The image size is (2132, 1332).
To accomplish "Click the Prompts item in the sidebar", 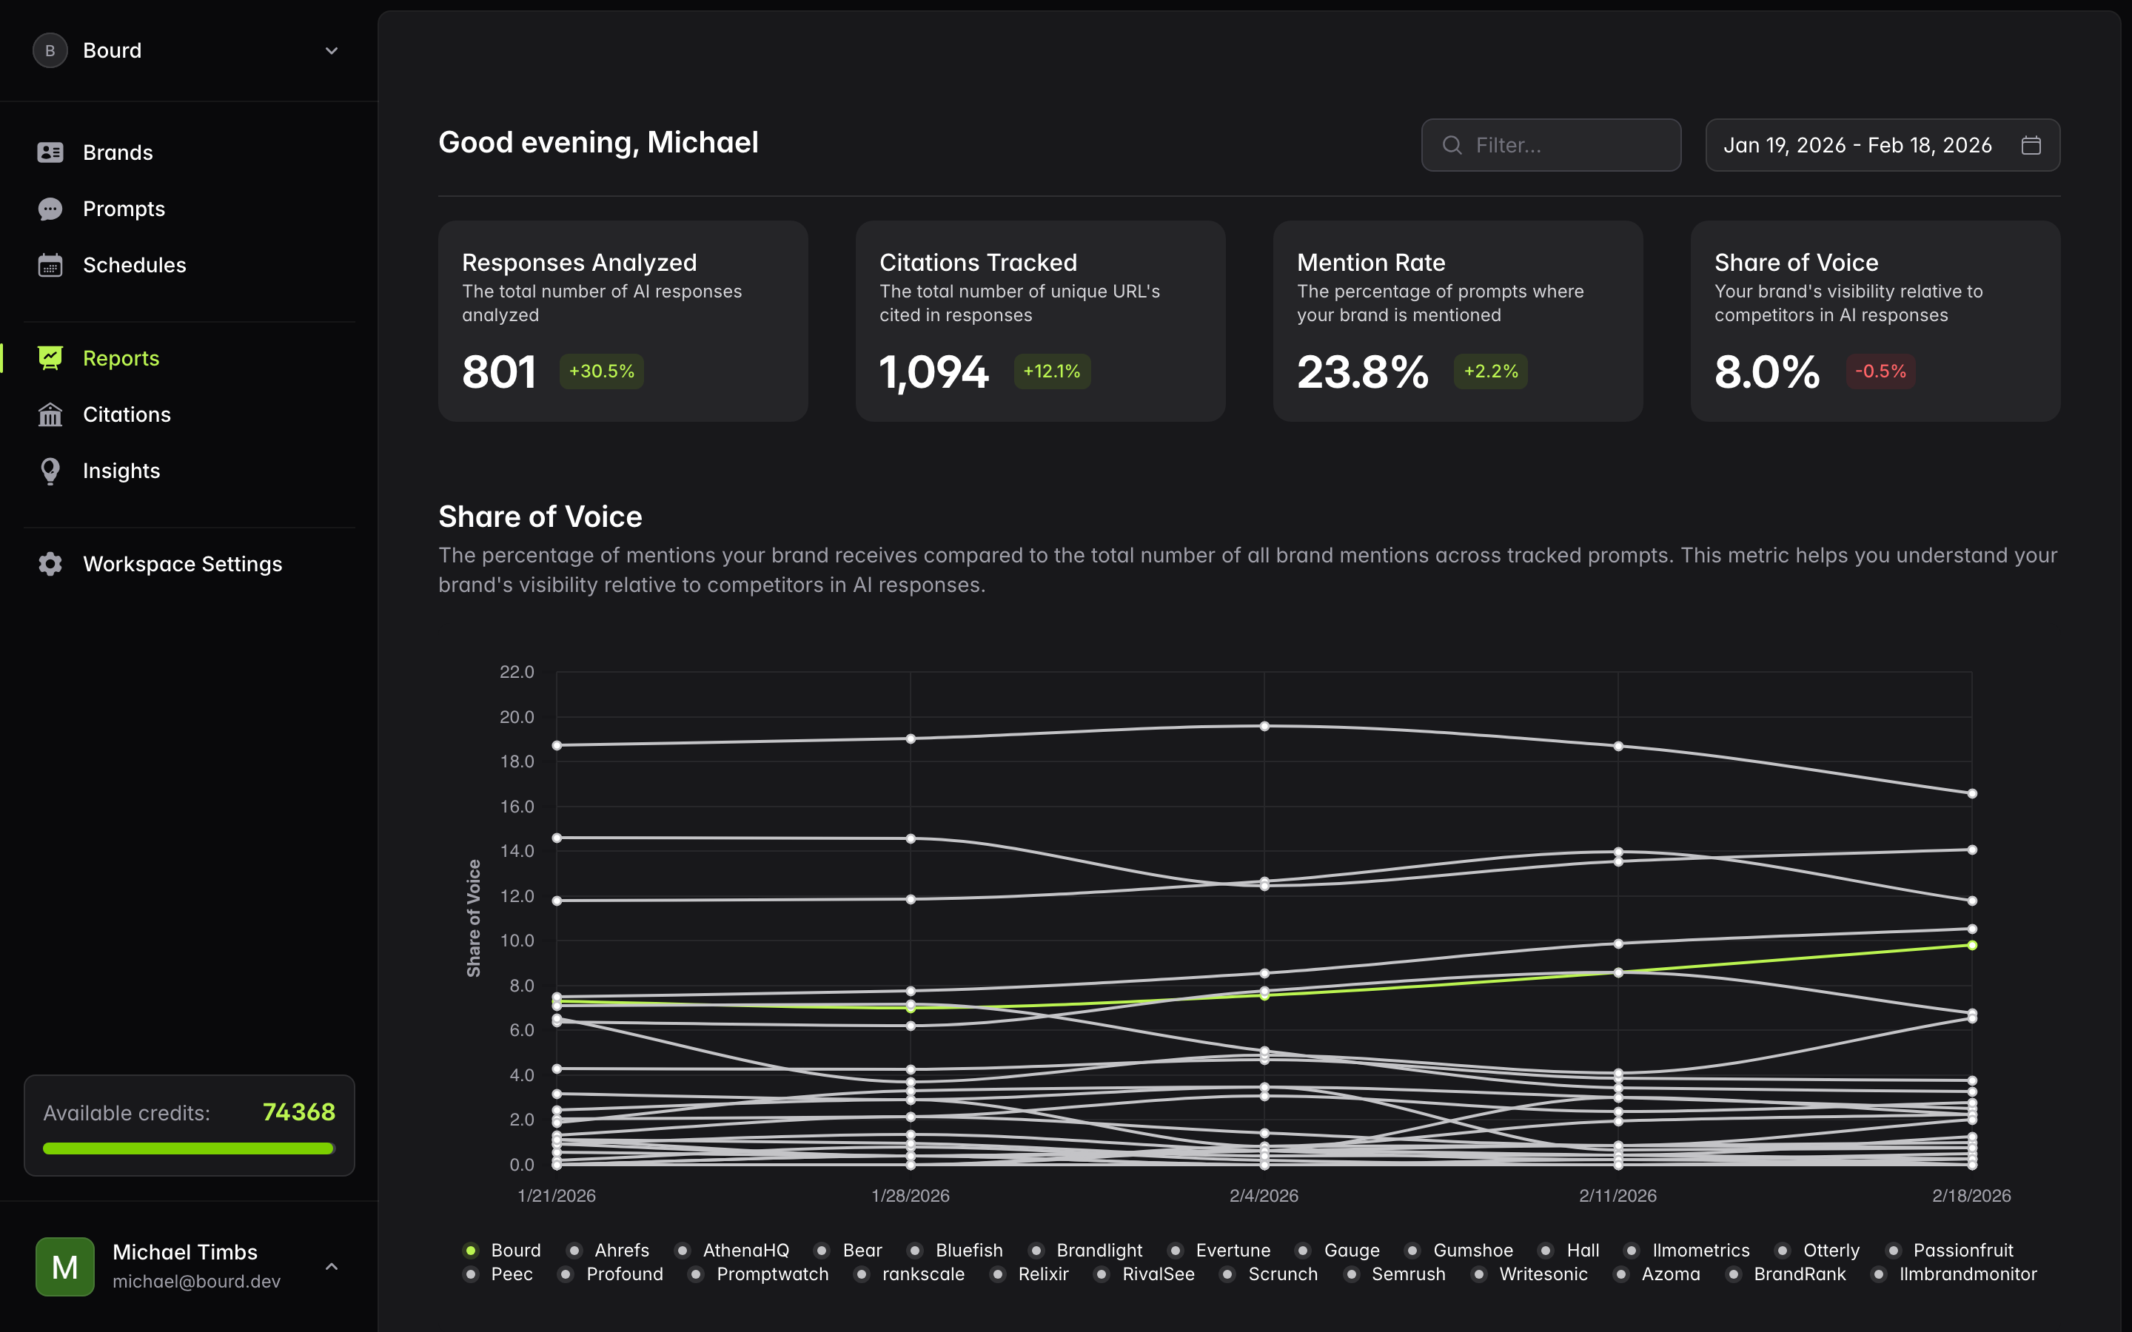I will pyautogui.click(x=124, y=209).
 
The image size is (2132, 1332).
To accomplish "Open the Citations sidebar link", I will pyautogui.click(x=126, y=415).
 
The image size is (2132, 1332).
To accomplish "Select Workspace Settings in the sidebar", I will pyautogui.click(x=181, y=564).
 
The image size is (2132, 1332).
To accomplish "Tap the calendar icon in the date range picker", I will pyautogui.click(x=2031, y=145).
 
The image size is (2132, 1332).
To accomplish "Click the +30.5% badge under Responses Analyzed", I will pyautogui.click(x=602, y=371).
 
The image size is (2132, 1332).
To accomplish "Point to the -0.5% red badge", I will pyautogui.click(x=1880, y=371).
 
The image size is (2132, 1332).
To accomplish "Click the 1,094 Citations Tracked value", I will pyautogui.click(x=933, y=371).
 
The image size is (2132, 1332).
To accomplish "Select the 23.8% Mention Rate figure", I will pyautogui.click(x=1362, y=371).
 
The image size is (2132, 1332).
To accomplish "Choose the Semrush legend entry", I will pyautogui.click(x=1407, y=1274).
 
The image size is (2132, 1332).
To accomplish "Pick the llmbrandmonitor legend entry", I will pyautogui.click(x=1966, y=1274).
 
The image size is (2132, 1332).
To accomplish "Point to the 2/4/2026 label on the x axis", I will pyautogui.click(x=1264, y=1195).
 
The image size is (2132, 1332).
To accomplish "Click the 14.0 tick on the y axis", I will pyautogui.click(x=517, y=851).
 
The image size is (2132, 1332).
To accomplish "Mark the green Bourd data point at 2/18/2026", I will pyautogui.click(x=1971, y=945).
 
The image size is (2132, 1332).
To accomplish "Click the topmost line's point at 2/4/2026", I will pyautogui.click(x=1264, y=727).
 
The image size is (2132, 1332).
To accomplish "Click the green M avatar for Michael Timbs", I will pyautogui.click(x=65, y=1266).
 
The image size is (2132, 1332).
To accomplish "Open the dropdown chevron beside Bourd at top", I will pyautogui.click(x=331, y=51).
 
